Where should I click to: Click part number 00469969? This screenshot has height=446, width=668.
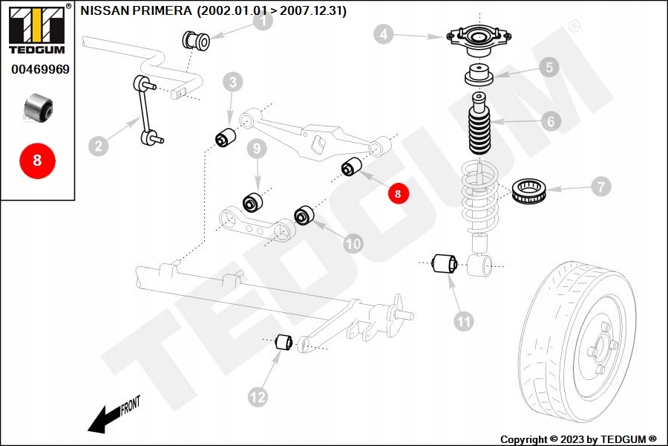click(x=40, y=69)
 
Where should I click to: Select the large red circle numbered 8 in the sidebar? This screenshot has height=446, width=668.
click(x=37, y=160)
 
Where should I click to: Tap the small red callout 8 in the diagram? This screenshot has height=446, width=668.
click(x=398, y=193)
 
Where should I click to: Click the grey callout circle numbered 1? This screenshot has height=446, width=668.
click(x=262, y=22)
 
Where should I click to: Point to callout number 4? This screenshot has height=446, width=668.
click(x=382, y=33)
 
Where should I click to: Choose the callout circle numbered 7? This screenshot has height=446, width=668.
click(x=600, y=187)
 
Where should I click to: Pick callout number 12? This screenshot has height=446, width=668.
click(x=258, y=398)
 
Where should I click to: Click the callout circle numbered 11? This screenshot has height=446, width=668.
click(x=464, y=321)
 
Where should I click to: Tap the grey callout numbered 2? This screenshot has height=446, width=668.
click(x=97, y=145)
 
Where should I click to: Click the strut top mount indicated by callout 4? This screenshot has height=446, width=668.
click(x=478, y=40)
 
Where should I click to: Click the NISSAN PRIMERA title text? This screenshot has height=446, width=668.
click(x=213, y=11)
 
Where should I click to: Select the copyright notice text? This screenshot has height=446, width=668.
click(x=578, y=439)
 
